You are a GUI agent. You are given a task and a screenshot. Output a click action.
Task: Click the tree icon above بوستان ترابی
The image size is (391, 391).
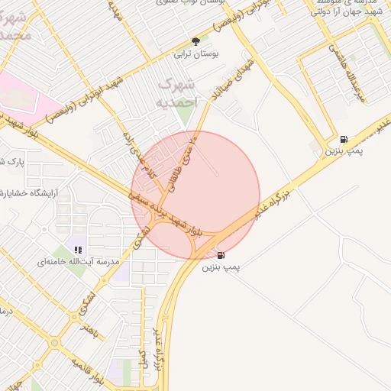point(195,41)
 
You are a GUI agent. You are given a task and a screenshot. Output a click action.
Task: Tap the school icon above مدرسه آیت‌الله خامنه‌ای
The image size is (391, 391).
point(78,248)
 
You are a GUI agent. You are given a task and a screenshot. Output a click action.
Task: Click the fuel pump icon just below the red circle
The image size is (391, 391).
point(221,255)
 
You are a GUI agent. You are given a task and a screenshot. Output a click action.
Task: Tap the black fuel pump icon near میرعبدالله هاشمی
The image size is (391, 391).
point(343,140)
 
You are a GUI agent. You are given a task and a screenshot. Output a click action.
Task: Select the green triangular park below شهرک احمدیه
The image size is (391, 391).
point(184,115)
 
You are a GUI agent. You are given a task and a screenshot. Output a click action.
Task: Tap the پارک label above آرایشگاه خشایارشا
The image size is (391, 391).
point(11,161)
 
